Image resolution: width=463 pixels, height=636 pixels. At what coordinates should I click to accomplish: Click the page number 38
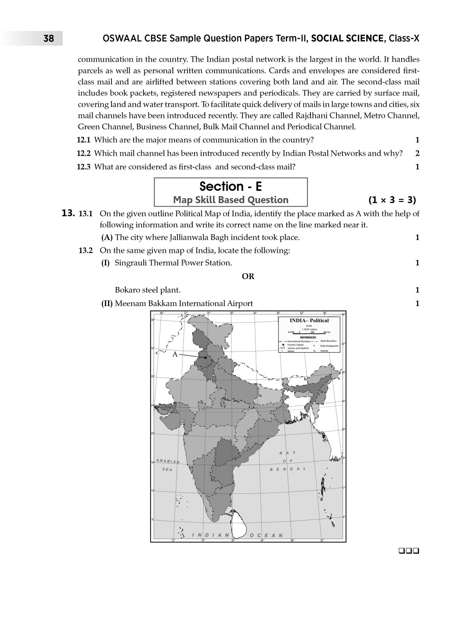coord(49,39)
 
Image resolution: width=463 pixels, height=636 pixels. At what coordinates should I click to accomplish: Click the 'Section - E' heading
coord(231,187)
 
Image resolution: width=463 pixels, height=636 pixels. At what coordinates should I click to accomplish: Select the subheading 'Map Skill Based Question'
coord(231,200)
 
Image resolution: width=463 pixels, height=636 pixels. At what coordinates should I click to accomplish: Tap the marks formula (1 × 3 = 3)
coord(392,200)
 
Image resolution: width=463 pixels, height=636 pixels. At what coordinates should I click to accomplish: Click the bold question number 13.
coord(68,213)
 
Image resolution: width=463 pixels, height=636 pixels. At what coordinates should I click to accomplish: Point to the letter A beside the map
coord(175,354)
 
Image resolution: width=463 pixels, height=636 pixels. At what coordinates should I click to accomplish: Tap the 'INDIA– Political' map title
coord(309,320)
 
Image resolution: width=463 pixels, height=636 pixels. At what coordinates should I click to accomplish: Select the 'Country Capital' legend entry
coord(295,345)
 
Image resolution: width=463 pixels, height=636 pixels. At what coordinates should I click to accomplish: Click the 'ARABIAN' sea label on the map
coord(168,461)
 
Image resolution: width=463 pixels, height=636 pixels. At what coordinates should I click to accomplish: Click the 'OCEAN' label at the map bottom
coord(266,535)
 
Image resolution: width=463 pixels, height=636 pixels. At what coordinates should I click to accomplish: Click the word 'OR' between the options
coord(248,276)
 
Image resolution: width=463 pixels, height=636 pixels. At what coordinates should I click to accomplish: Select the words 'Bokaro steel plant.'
coord(147,290)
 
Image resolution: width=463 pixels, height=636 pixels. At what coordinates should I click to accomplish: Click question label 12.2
coord(84,153)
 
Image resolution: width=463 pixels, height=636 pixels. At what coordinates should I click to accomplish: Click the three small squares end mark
coord(410,551)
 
